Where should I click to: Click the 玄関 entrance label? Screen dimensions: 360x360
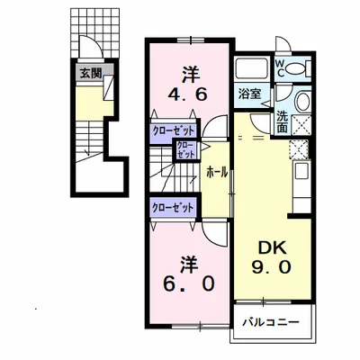[x=91, y=73]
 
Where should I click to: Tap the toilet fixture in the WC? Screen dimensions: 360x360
[x=298, y=68]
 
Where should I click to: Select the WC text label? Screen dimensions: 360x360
[x=280, y=68]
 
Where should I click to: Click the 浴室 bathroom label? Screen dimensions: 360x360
[x=249, y=94]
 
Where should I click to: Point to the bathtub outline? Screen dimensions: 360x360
[x=252, y=68]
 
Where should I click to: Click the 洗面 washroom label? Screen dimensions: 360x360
[x=282, y=122]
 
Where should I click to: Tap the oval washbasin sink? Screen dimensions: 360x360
[x=303, y=102]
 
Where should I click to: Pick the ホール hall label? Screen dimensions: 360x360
[x=217, y=173]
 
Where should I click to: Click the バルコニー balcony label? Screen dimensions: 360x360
[x=271, y=322]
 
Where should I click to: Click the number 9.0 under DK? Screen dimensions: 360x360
[x=271, y=266]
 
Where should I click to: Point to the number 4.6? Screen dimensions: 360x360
[x=187, y=94]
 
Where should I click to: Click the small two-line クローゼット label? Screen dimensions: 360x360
[x=185, y=149]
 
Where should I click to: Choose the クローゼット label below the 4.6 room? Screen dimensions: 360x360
[x=174, y=130]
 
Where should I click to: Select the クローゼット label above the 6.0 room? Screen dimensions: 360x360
[x=173, y=208]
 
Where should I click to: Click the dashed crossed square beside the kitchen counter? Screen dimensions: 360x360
[x=299, y=149]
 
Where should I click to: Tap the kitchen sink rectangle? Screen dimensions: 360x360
[x=302, y=172]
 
